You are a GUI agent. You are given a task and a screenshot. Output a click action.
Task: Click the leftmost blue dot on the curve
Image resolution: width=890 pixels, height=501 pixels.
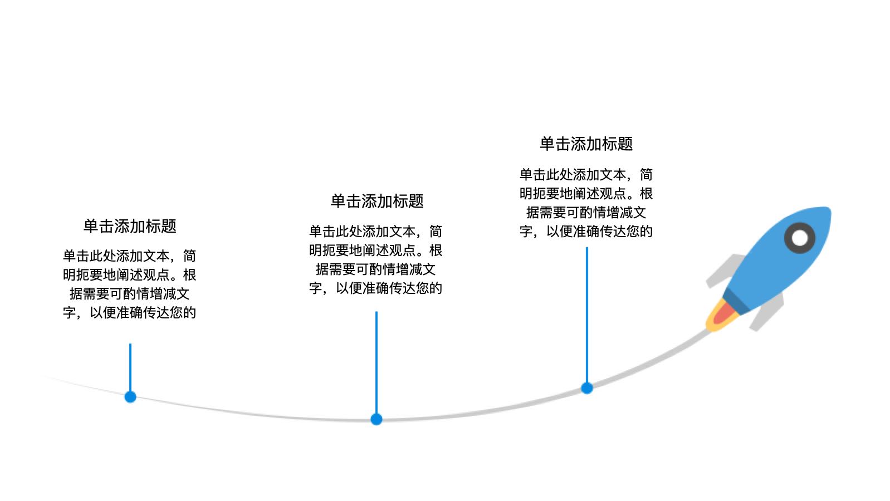(130, 397)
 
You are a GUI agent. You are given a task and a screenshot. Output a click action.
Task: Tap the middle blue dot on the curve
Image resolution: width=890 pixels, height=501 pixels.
(376, 419)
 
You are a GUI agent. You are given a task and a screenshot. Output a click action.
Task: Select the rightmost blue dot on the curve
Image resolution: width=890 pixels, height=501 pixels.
(587, 388)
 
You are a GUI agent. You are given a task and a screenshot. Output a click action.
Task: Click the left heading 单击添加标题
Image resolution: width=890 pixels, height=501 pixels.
(130, 226)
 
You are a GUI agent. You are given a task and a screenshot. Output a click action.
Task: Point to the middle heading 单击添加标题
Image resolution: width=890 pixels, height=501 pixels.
(377, 201)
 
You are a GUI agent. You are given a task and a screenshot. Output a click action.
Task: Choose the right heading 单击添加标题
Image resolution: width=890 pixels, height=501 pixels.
(586, 144)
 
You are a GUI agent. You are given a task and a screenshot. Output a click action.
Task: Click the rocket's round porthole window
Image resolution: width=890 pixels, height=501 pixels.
(800, 238)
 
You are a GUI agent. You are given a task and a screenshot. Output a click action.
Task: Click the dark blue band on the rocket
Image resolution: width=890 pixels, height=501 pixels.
(736, 301)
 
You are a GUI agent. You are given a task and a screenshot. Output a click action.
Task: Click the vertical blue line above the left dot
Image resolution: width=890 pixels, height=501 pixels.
(130, 367)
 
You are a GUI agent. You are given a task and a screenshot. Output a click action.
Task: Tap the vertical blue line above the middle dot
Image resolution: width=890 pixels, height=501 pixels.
(376, 362)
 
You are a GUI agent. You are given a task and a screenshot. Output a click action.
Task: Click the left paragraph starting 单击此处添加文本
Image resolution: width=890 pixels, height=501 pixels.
(130, 284)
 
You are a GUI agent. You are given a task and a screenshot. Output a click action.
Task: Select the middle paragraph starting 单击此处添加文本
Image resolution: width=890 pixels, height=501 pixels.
(376, 259)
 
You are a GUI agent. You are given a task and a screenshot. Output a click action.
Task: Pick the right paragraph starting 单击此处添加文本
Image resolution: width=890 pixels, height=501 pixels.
(586, 203)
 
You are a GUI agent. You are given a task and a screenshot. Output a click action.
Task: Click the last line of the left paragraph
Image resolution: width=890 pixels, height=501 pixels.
(130, 312)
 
